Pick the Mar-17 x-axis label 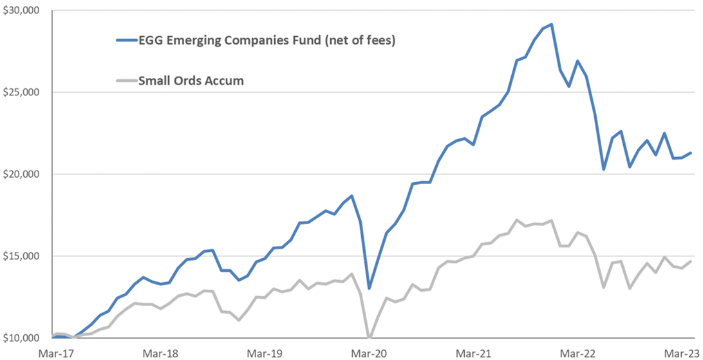tap(55, 353)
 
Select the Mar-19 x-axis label tap(265, 353)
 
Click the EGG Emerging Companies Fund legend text tap(267, 41)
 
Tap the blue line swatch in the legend tap(126, 41)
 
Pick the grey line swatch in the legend tap(126, 81)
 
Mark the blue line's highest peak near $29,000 tap(551, 24)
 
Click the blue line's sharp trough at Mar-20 tap(369, 288)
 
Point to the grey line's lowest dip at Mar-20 tap(369, 337)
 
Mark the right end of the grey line tap(691, 261)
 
